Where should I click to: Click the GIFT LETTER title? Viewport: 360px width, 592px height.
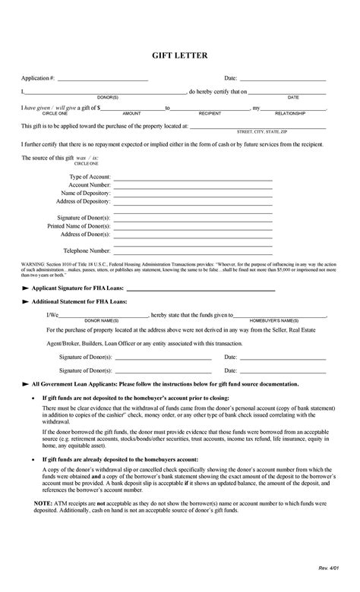[x=180, y=55]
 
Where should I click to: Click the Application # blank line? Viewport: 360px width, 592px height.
[x=103, y=79]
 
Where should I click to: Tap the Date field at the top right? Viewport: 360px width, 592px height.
[x=283, y=79]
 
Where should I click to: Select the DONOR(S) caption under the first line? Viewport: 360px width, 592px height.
[x=107, y=97]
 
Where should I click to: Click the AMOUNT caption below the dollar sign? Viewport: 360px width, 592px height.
[x=132, y=113]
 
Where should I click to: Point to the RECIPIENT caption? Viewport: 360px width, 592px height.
[x=210, y=113]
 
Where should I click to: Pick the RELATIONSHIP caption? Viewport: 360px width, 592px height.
[x=290, y=113]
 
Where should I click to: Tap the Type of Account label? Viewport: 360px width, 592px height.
[x=90, y=176]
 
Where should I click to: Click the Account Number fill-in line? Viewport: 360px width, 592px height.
[x=193, y=184]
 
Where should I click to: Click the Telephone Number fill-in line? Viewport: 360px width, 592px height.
[x=193, y=250]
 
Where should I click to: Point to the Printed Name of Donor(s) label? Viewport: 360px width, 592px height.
[x=79, y=225]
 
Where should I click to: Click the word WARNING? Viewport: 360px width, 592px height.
[x=33, y=263]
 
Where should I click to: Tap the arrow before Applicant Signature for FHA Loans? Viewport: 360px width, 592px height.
[x=26, y=289]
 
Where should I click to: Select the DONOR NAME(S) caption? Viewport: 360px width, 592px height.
[x=101, y=320]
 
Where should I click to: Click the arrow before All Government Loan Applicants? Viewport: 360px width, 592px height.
[x=26, y=385]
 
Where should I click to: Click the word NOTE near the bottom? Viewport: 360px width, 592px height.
[x=43, y=524]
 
